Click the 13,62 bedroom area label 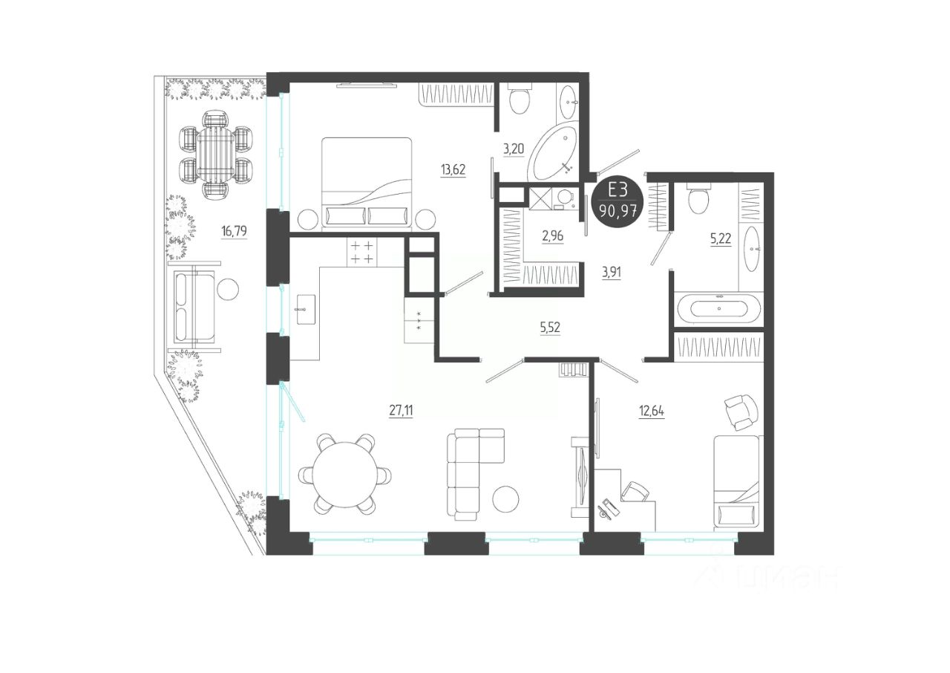point(453,169)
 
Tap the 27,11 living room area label point(401,411)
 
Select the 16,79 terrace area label point(234,232)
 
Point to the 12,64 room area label point(652,412)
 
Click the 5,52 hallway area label point(550,328)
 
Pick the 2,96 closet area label point(553,236)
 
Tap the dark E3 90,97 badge point(617,202)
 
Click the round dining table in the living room point(345,475)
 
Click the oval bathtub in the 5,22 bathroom point(719,308)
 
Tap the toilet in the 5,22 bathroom point(698,198)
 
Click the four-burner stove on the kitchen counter point(361,252)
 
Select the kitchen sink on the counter point(306,309)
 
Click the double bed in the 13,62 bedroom point(367,183)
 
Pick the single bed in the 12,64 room point(736,483)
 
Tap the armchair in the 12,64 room point(741,412)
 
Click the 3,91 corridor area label point(611,273)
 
